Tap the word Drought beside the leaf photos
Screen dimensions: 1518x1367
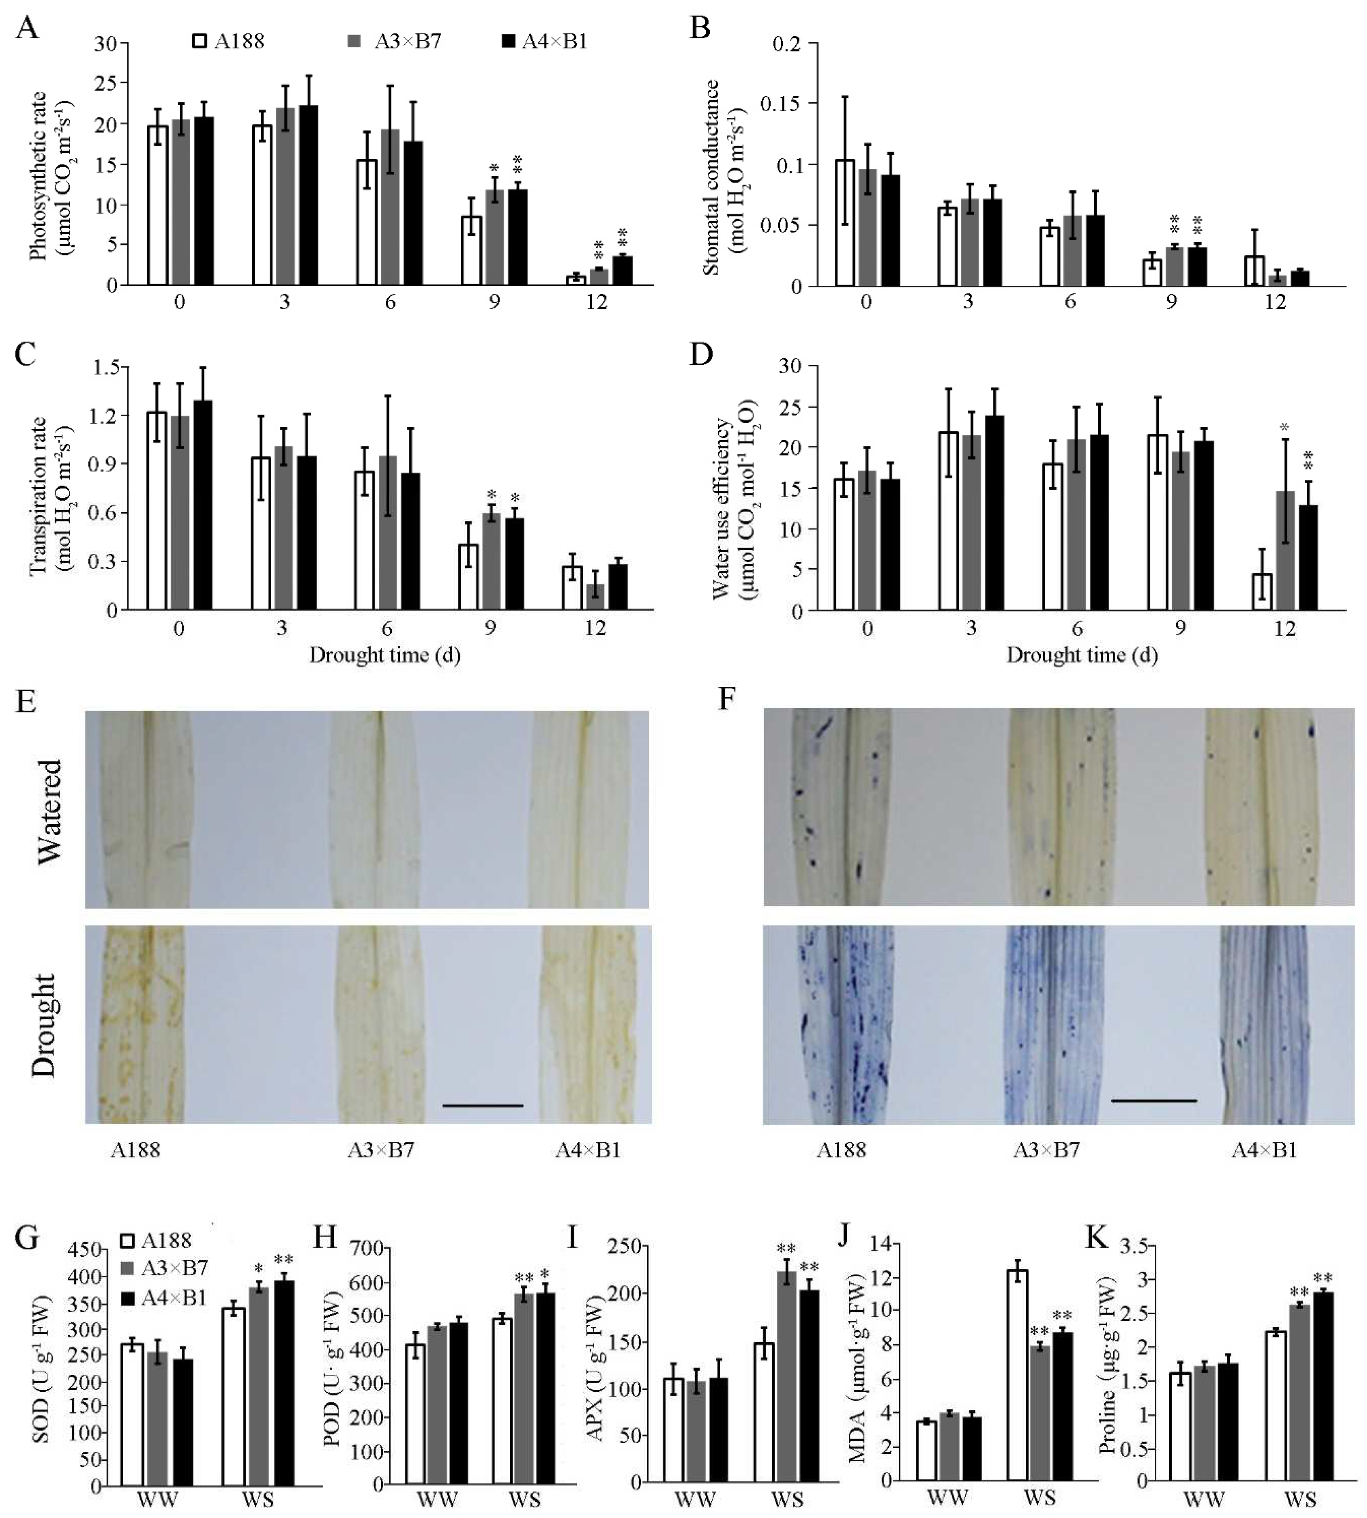point(45,1025)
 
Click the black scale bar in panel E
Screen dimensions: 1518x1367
point(482,1106)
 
